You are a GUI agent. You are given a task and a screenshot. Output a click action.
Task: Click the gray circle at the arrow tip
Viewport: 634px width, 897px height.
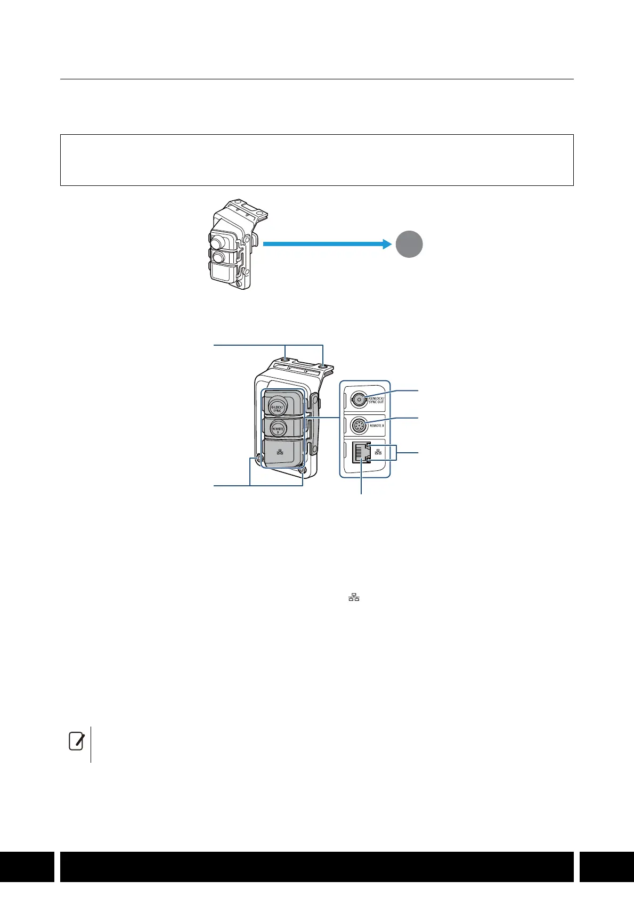pyautogui.click(x=409, y=244)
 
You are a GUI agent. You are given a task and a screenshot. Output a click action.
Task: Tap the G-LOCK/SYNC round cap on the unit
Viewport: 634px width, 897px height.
pyautogui.click(x=277, y=406)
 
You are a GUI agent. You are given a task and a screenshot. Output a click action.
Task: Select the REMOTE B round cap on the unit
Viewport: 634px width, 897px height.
pyautogui.click(x=277, y=429)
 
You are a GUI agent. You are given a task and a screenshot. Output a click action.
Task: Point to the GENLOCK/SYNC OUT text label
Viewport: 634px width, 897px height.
pyautogui.click(x=377, y=399)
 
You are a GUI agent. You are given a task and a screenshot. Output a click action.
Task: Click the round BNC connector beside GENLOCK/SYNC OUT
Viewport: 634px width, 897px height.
pyautogui.click(x=359, y=399)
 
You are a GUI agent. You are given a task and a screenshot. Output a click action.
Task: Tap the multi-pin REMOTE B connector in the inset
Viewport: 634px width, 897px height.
pyautogui.click(x=360, y=426)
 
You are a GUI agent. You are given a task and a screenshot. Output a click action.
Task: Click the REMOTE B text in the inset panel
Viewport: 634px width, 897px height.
pyautogui.click(x=377, y=426)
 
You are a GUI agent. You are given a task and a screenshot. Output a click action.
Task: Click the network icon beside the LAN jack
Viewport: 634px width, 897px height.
pyautogui.click(x=378, y=452)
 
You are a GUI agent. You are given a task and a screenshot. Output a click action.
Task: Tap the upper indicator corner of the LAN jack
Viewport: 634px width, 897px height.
pyautogui.click(x=368, y=444)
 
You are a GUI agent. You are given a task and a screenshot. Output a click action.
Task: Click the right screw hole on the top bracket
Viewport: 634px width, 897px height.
pyautogui.click(x=323, y=366)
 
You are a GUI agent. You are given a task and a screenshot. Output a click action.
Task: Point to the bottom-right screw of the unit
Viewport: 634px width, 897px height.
pyautogui.click(x=303, y=470)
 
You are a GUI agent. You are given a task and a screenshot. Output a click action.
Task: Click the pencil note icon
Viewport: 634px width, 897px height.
pyautogui.click(x=76, y=741)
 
